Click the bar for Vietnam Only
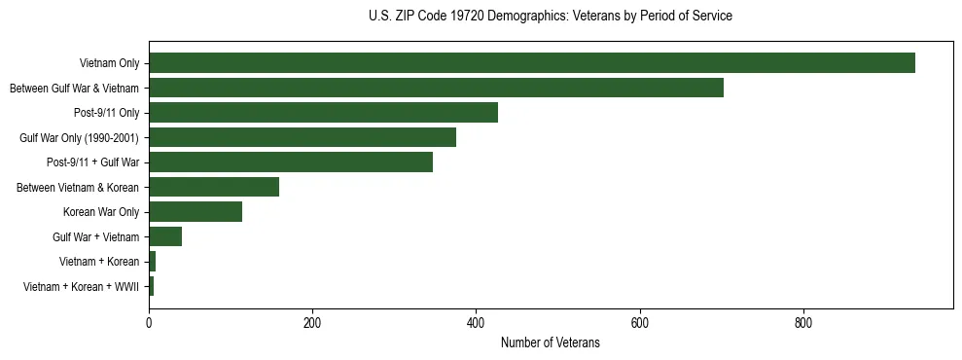(531, 63)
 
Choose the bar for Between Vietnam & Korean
(214, 187)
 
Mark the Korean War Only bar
(196, 212)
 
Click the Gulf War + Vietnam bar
(165, 236)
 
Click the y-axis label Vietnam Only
(109, 64)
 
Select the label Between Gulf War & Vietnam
(74, 89)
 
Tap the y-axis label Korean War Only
(101, 212)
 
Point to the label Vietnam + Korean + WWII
(81, 287)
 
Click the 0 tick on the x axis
(149, 322)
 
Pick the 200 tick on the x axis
(312, 322)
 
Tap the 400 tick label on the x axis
(476, 322)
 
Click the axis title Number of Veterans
(550, 342)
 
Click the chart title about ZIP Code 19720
(550, 17)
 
